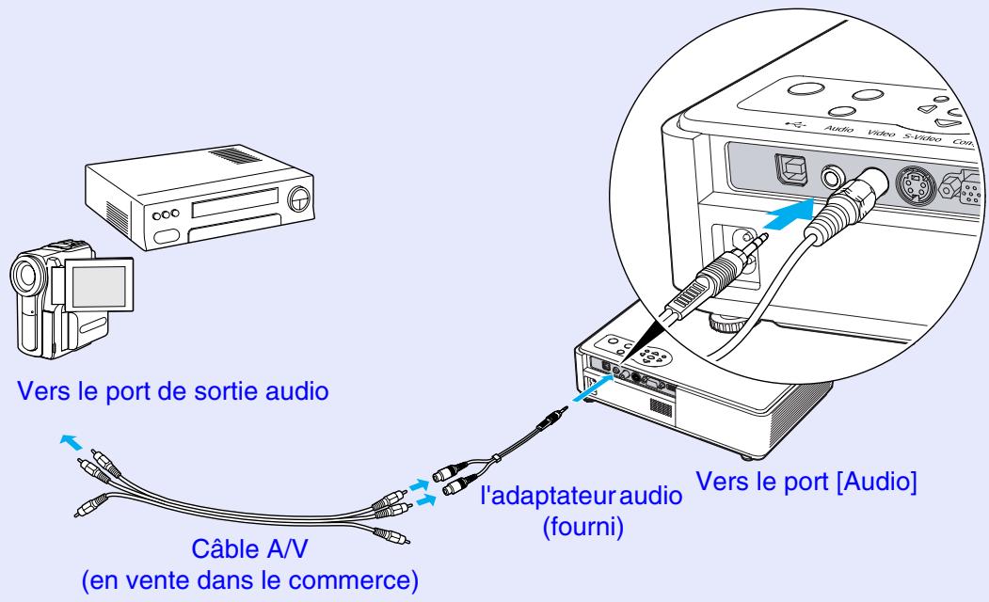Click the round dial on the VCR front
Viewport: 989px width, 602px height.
point(300,198)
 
